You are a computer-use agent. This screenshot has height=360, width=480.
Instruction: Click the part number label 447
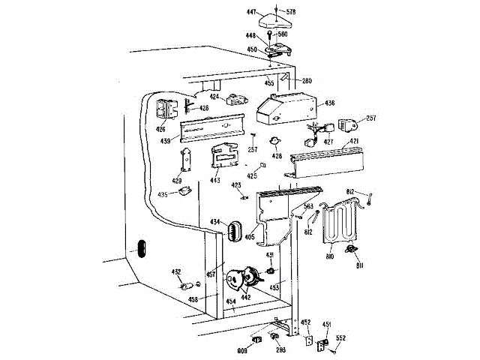click(x=252, y=12)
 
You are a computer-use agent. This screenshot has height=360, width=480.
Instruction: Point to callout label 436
click(x=330, y=103)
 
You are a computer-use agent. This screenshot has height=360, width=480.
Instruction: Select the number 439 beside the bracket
click(x=165, y=141)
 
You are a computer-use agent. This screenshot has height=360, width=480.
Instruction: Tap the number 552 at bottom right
click(x=340, y=339)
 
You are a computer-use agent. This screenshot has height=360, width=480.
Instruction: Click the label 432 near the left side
click(x=176, y=271)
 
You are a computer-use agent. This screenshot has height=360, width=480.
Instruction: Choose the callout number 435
click(x=163, y=194)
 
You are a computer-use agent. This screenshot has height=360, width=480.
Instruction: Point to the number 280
click(x=307, y=81)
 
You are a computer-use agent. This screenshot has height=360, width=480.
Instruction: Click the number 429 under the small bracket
click(x=177, y=181)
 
